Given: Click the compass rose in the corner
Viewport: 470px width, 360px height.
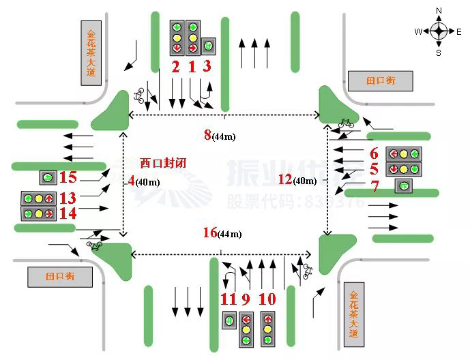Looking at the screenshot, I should pos(439,31).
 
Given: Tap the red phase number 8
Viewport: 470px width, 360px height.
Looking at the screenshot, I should pos(207,134).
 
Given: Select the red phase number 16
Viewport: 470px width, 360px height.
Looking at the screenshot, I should pos(210,232).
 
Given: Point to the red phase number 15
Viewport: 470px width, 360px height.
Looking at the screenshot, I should pos(68,178).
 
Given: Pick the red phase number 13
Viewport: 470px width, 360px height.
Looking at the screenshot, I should pos(68,198).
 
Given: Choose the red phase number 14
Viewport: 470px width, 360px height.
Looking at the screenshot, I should pos(68,213).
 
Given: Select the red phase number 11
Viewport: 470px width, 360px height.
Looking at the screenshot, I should pos(228,299).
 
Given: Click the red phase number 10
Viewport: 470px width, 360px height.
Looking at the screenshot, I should pos(267,299).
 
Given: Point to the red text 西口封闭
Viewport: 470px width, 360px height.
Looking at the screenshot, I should pos(163,164).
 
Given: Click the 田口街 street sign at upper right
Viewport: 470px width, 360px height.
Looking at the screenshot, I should pos(381,81).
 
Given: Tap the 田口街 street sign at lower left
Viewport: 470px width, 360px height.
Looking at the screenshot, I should pos(59,277).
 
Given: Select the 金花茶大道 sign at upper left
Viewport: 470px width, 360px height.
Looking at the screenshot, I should pos(91,56).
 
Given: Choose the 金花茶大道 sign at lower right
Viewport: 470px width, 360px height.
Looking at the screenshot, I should pos(353,315).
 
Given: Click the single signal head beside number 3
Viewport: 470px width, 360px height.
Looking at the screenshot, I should pos(208,46).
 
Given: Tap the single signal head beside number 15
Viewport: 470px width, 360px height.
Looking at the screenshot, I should pos(48,178).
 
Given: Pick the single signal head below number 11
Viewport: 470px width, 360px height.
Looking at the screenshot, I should pos(229,319).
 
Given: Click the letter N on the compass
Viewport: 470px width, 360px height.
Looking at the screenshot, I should pos(439,10).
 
